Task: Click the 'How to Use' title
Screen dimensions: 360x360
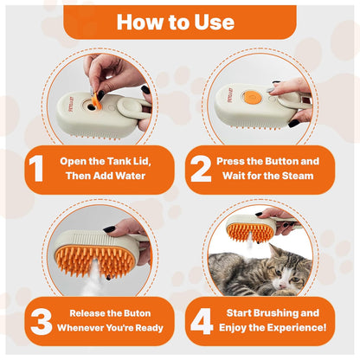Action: coord(179,20)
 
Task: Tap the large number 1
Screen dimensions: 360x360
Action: coord(35,169)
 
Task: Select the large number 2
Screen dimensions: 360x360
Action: coord(201,169)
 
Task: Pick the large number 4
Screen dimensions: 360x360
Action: coord(201,320)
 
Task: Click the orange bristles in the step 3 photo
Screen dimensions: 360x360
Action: coord(97,251)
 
